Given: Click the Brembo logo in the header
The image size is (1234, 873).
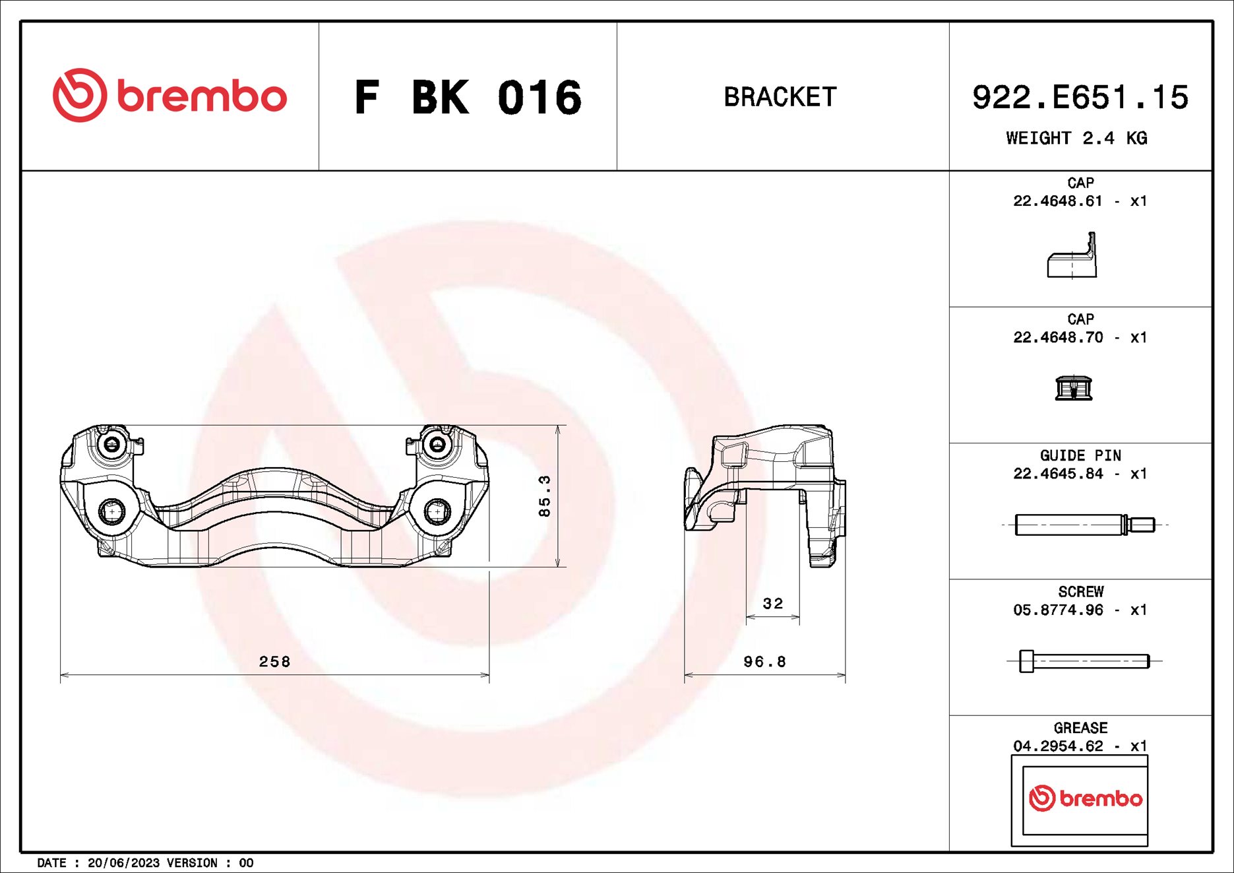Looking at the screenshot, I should [170, 96].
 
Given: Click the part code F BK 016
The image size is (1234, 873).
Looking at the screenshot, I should [468, 98].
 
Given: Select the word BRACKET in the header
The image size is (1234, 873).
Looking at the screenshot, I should [780, 97].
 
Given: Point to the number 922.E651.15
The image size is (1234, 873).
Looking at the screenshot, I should [1080, 97].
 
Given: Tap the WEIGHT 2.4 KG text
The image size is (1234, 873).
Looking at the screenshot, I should [1076, 138].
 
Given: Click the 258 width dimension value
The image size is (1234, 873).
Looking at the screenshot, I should [274, 661].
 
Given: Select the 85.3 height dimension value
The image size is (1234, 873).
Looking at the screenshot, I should [544, 496].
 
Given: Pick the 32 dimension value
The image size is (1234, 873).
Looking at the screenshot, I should [773, 603].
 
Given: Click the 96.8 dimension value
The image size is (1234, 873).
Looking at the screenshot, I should [764, 661].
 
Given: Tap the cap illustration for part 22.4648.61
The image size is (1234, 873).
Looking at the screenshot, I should [1072, 257].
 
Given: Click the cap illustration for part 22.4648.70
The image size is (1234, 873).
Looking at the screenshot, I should [1073, 388].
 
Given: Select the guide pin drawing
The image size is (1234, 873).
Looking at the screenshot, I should [1084, 525].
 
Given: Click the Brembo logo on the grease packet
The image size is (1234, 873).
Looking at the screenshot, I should [1085, 798].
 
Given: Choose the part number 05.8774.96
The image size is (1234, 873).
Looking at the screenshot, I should [1058, 610].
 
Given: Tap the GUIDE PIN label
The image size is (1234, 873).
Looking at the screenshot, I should [1080, 455].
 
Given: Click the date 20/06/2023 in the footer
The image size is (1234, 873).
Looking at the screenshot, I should [123, 862].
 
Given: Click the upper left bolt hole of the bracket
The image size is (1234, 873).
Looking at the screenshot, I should [112, 444].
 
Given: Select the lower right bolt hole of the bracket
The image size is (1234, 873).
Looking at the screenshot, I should [437, 511].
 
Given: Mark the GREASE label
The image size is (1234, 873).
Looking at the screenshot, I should [1080, 728].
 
